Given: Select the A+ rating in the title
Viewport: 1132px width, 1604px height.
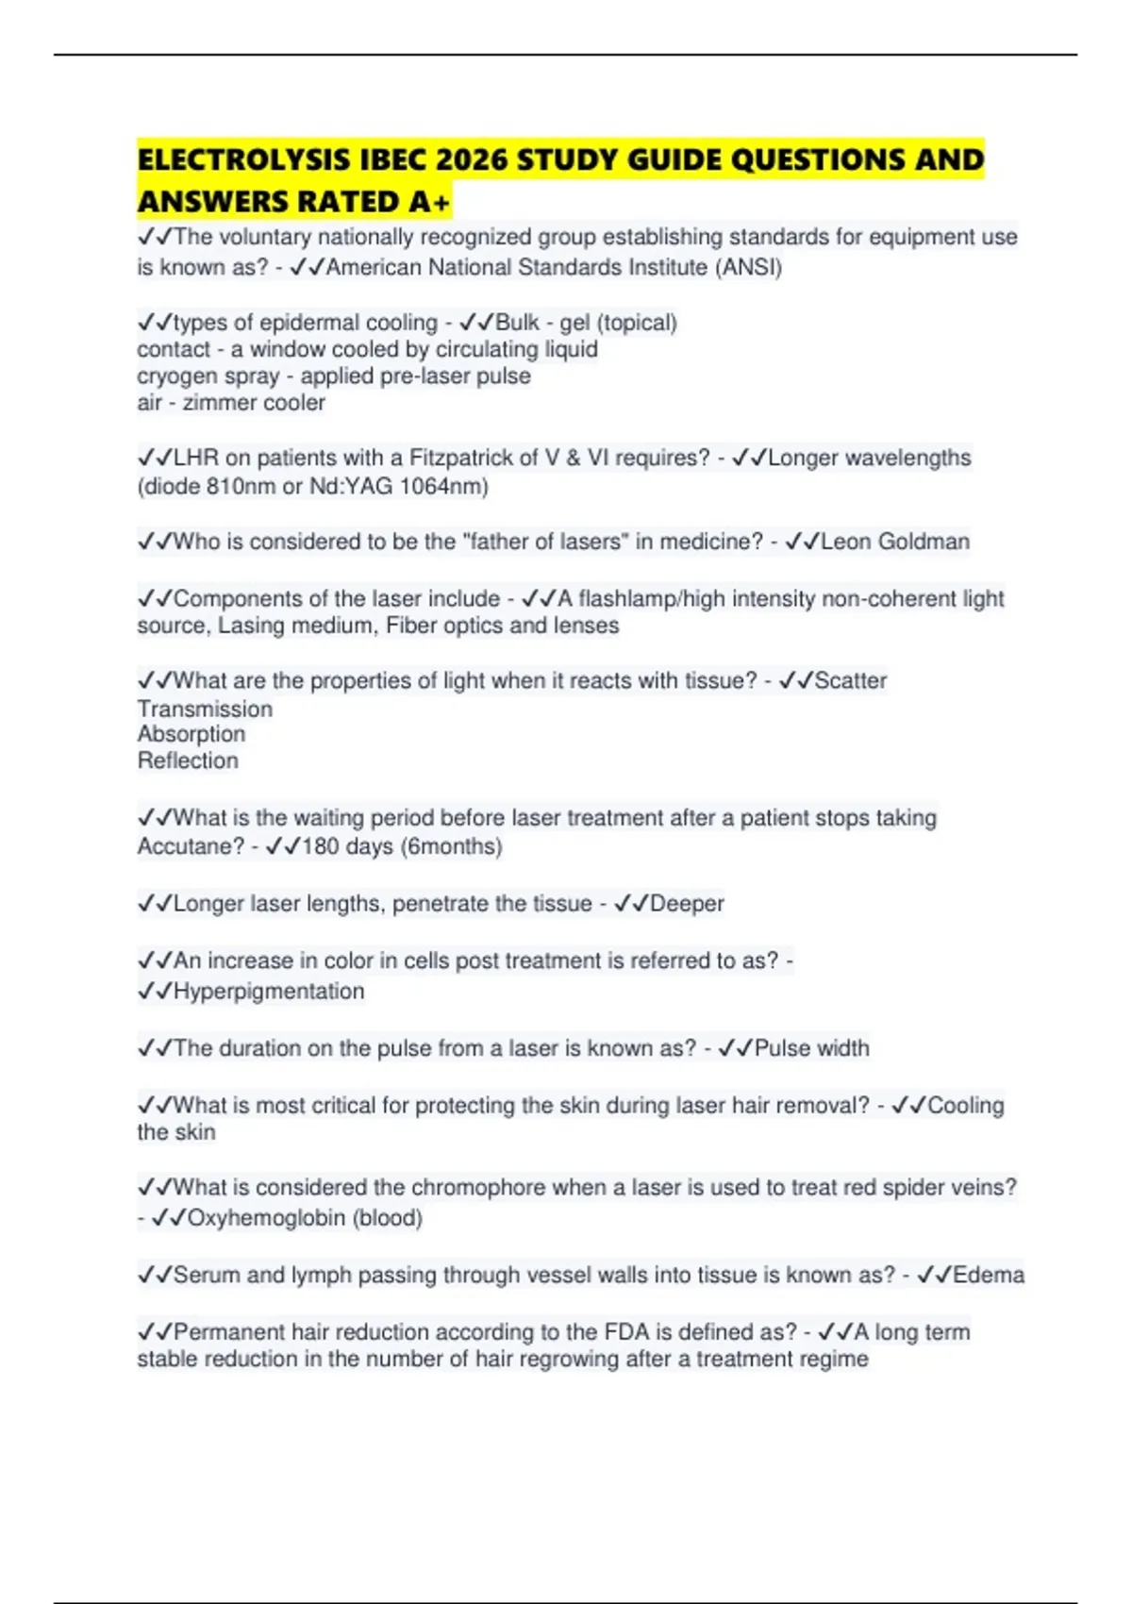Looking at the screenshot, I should click(430, 202).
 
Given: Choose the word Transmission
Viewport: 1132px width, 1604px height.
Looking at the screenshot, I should click(205, 709).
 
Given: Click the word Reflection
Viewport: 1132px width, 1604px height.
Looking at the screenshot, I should click(188, 760).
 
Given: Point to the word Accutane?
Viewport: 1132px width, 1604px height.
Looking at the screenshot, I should click(191, 846).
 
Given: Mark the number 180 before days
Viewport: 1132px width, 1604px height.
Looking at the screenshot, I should click(320, 846).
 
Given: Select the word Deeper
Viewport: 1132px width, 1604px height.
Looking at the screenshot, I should click(687, 904).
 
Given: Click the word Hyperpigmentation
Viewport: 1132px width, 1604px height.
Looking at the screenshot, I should click(269, 992).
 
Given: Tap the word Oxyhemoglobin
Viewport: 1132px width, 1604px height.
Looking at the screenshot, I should click(266, 1218).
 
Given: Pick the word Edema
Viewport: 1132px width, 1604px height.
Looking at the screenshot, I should click(988, 1276).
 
